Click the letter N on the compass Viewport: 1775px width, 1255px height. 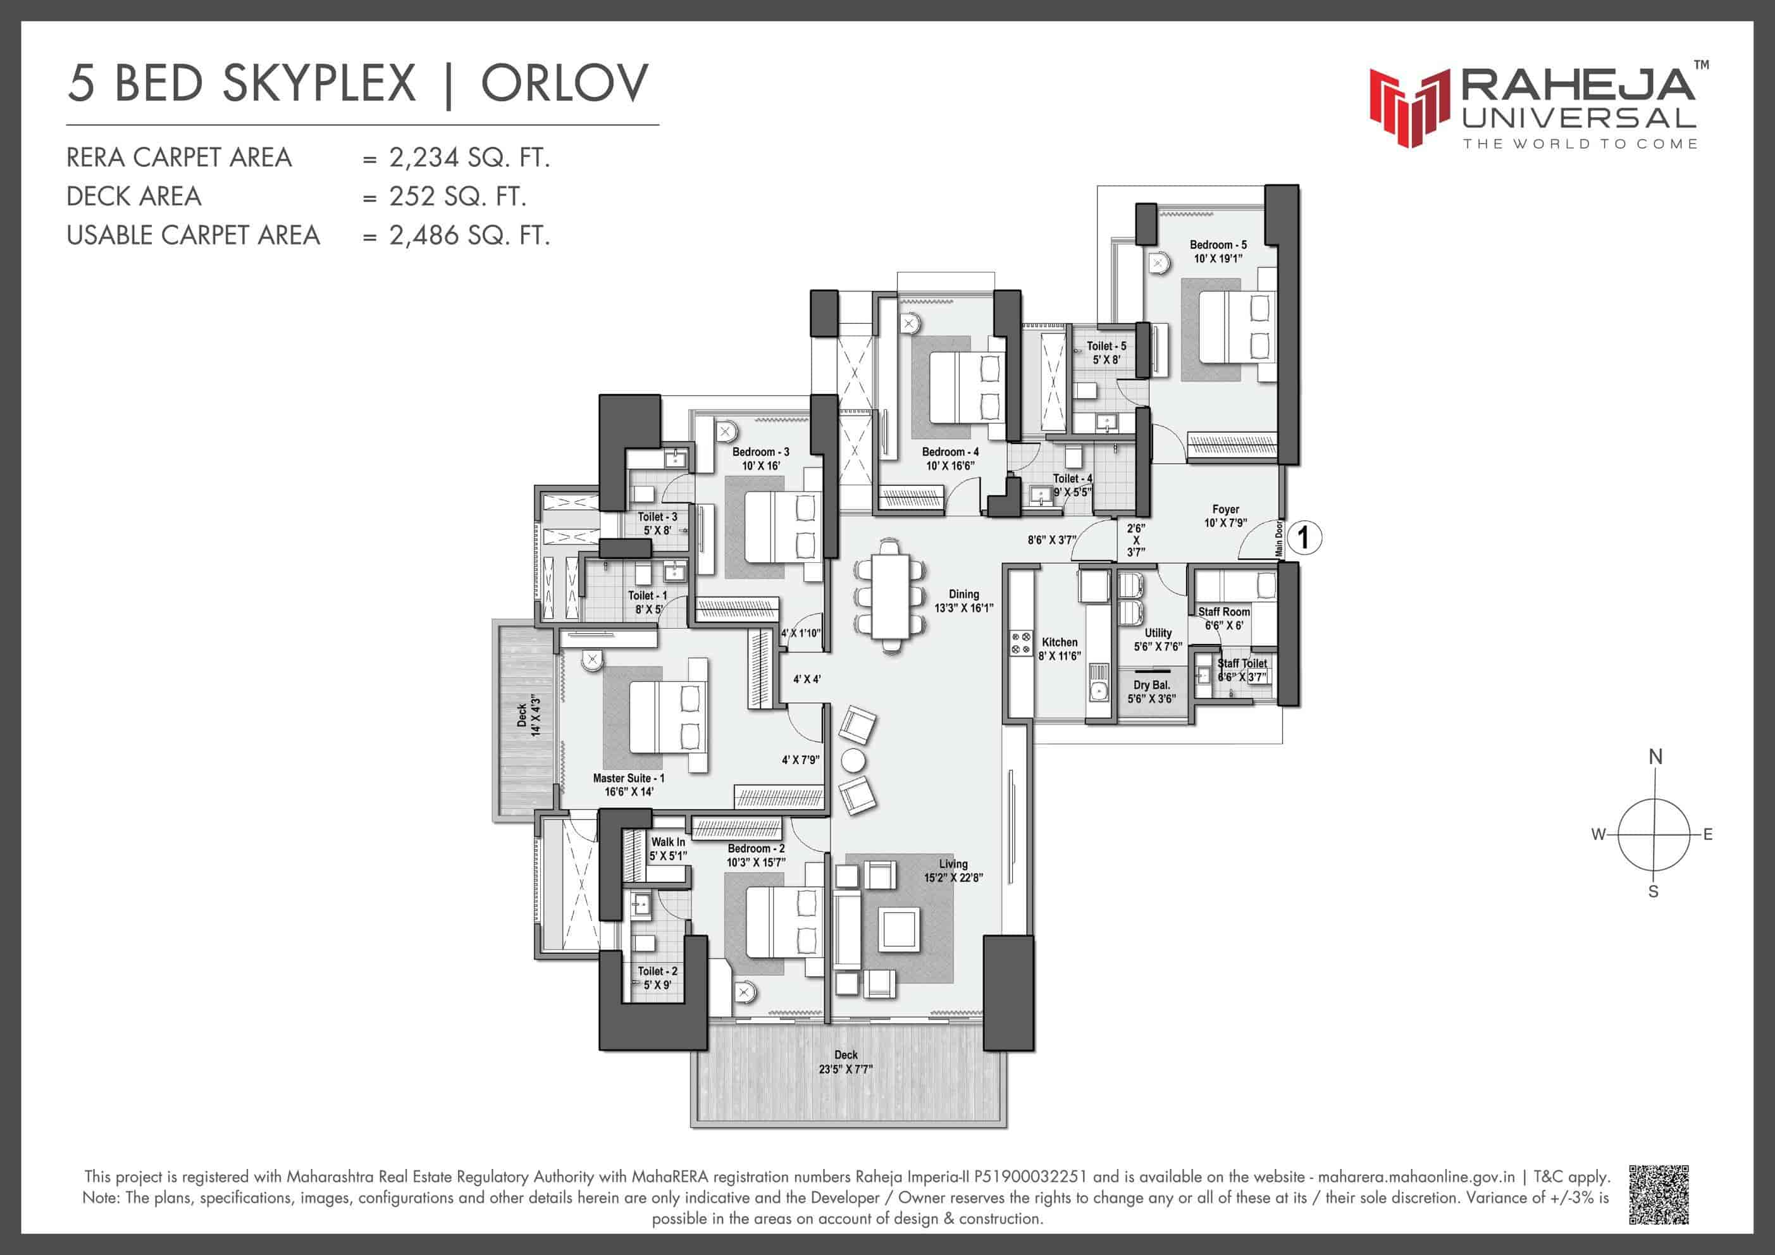pyautogui.click(x=1655, y=757)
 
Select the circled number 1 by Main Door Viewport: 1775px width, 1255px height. pyautogui.click(x=1304, y=536)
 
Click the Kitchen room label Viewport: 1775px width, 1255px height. pyautogui.click(x=1059, y=642)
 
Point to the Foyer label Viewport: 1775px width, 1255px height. pyautogui.click(x=1225, y=509)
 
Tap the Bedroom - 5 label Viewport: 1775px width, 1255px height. pyautogui.click(x=1218, y=244)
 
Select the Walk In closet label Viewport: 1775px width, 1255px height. pyautogui.click(x=668, y=841)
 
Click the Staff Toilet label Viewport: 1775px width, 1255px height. pyautogui.click(x=1242, y=663)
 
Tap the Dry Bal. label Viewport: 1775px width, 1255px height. pyautogui.click(x=1151, y=684)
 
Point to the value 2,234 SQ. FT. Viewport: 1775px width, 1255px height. pyautogui.click(x=469, y=158)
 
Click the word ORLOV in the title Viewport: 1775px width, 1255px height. pyautogui.click(x=565, y=83)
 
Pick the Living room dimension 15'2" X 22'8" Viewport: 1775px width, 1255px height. pyautogui.click(x=953, y=877)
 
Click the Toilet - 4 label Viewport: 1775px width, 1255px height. pyautogui.click(x=1072, y=478)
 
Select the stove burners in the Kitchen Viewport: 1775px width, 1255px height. pyautogui.click(x=1020, y=643)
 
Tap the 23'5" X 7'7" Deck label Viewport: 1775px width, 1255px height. pyautogui.click(x=846, y=1068)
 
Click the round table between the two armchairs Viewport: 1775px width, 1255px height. pyautogui.click(x=853, y=760)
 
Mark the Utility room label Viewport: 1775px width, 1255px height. pyautogui.click(x=1158, y=633)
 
